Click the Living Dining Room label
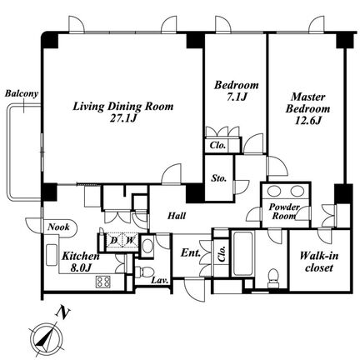pyautogui.click(x=123, y=107)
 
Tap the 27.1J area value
pyautogui.click(x=123, y=118)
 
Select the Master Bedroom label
pyautogui.click(x=307, y=102)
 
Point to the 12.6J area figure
pyautogui.click(x=308, y=121)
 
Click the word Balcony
pyautogui.click(x=22, y=93)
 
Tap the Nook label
pyautogui.click(x=58, y=227)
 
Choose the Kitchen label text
pyautogui.click(x=81, y=256)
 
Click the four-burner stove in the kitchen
pyautogui.click(x=103, y=282)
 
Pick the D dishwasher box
pyautogui.click(x=114, y=240)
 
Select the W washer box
pyautogui.click(x=129, y=240)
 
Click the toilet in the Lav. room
pyautogui.click(x=144, y=272)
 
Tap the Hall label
pyautogui.click(x=177, y=216)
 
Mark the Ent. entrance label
pyautogui.click(x=191, y=253)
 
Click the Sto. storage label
pyautogui.click(x=218, y=178)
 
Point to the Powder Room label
pyautogui.click(x=284, y=212)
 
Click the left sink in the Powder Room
pyautogui.click(x=274, y=191)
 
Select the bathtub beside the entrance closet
pyautogui.click(x=243, y=253)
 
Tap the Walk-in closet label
pyautogui.click(x=319, y=262)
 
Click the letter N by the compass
pyautogui.click(x=62, y=312)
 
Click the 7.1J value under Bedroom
pyautogui.click(x=237, y=97)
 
